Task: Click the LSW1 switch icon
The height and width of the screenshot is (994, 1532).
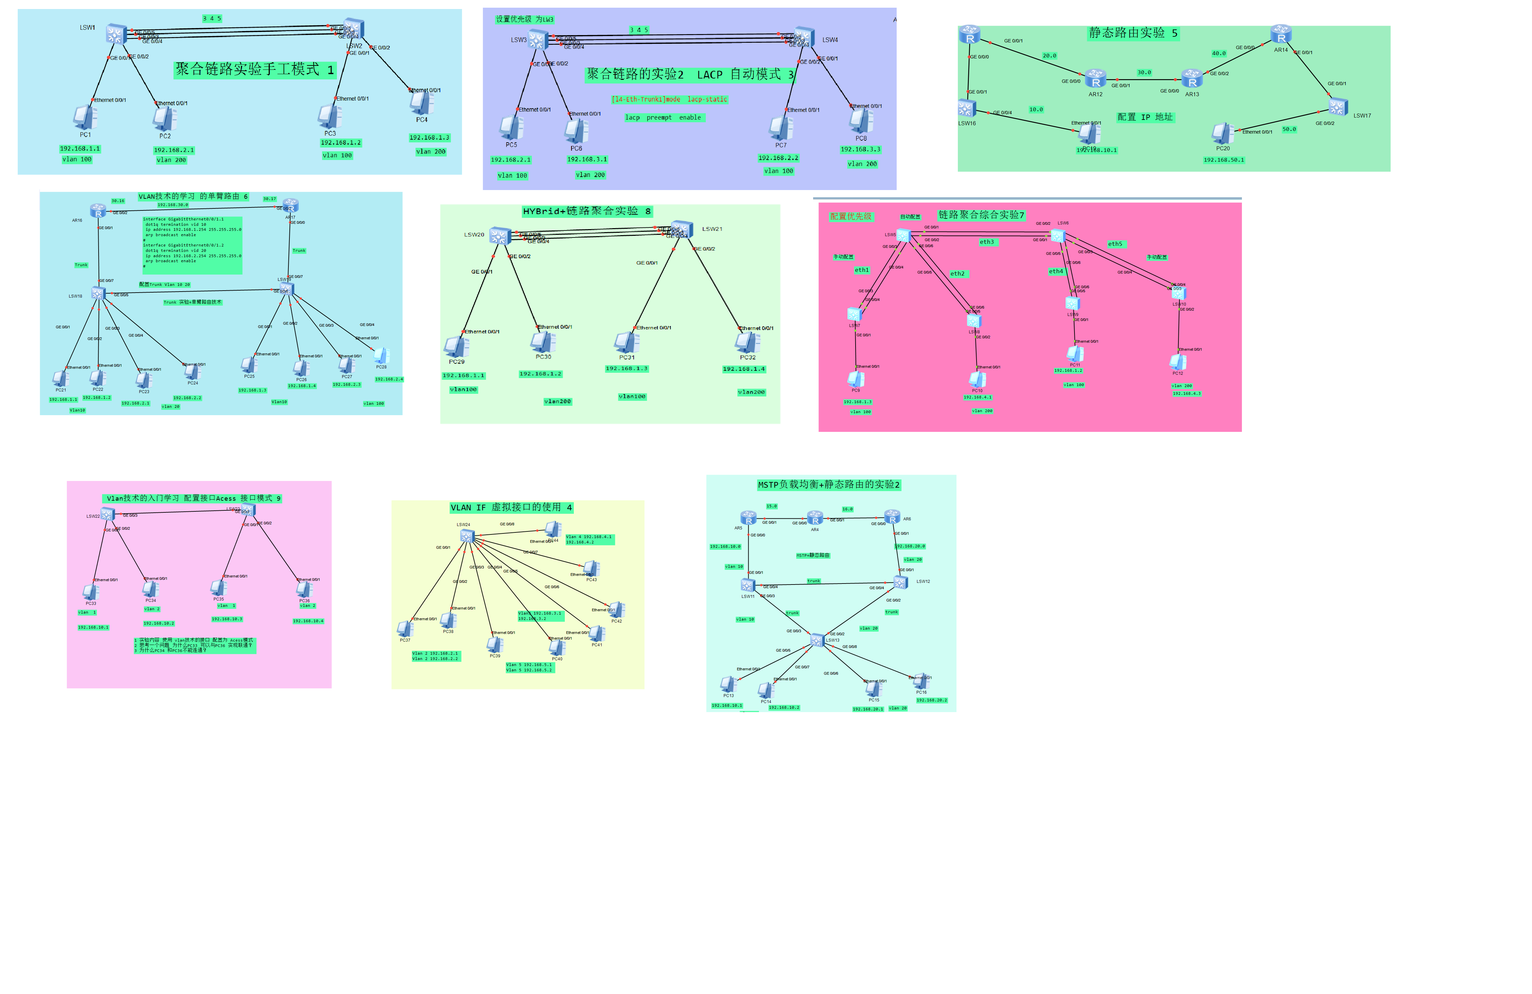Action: point(115,33)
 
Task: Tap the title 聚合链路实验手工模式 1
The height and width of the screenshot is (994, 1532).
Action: point(255,69)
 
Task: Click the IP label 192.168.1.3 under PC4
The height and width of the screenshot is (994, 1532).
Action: point(429,138)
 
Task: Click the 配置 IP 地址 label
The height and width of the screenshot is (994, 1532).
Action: point(1145,117)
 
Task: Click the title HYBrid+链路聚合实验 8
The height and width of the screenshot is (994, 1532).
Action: point(587,211)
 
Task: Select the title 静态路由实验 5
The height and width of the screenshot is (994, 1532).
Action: point(1133,33)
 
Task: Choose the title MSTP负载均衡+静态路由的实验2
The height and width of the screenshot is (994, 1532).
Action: point(828,484)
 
